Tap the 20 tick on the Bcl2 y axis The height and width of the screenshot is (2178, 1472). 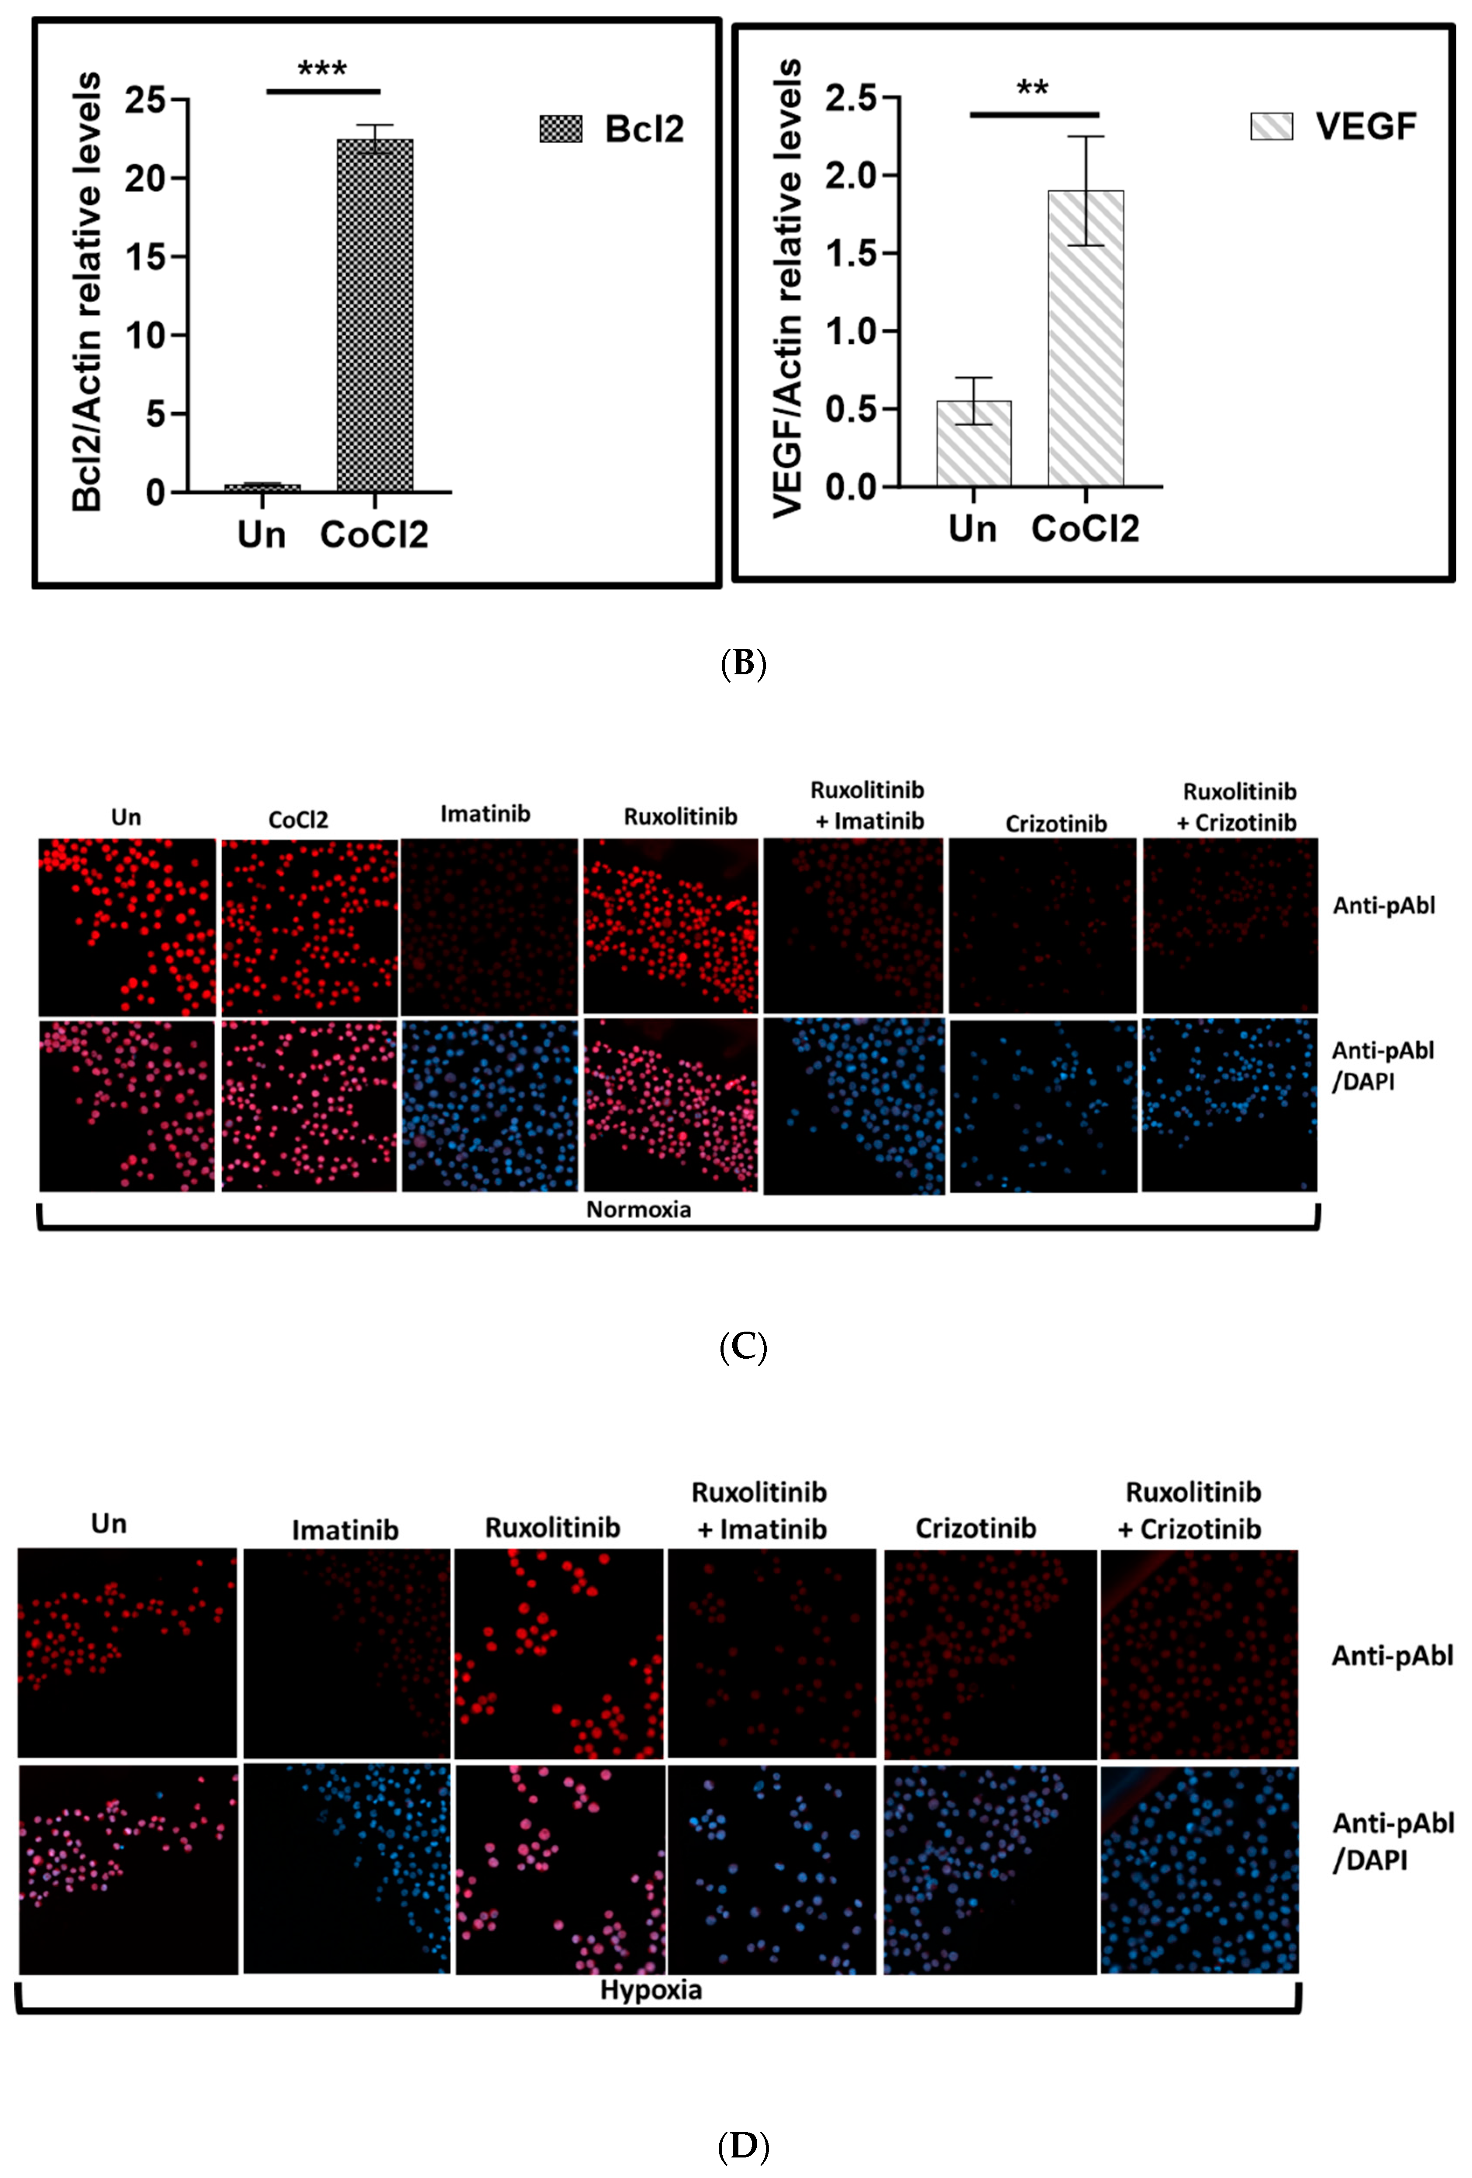143,178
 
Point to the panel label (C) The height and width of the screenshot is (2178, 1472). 743,1347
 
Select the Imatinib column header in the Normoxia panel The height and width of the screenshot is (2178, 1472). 486,814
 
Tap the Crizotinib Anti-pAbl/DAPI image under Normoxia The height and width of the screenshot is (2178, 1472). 1043,1106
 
